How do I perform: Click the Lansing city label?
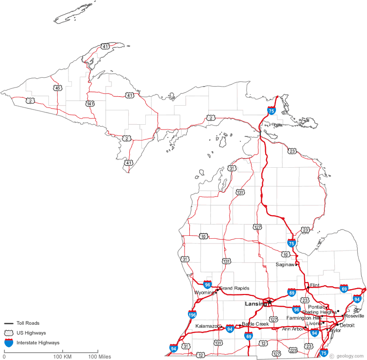pos(255,304)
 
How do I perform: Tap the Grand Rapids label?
pos(234,288)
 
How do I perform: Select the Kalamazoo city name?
pos(208,326)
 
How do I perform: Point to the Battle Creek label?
pos(255,324)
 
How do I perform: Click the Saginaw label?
pos(285,264)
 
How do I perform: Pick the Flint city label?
pos(315,285)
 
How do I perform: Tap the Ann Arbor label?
pos(292,329)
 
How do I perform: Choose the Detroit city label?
pos(347,325)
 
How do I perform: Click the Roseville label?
pos(354,316)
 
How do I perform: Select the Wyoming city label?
pos(205,292)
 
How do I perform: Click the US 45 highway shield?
pos(58,88)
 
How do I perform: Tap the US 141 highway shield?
pos(90,104)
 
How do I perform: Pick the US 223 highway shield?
pos(293,350)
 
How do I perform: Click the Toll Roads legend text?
pos(28,323)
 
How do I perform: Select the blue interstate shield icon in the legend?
pos(8,343)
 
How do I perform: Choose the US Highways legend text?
pos(31,333)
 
